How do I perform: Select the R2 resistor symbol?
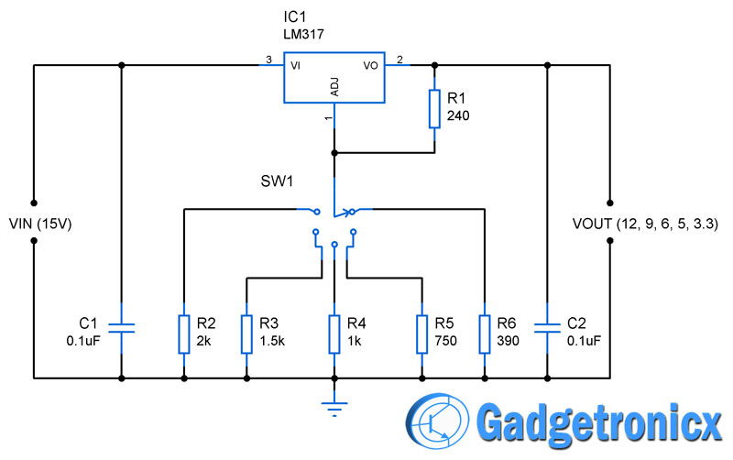184,334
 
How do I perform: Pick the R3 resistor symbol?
246,334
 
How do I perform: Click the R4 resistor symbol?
334,334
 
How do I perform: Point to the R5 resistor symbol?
421,334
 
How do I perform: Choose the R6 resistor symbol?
484,334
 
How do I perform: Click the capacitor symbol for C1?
122,329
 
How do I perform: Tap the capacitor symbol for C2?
548,329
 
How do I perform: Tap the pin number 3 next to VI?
268,60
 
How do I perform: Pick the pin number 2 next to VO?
399,60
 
